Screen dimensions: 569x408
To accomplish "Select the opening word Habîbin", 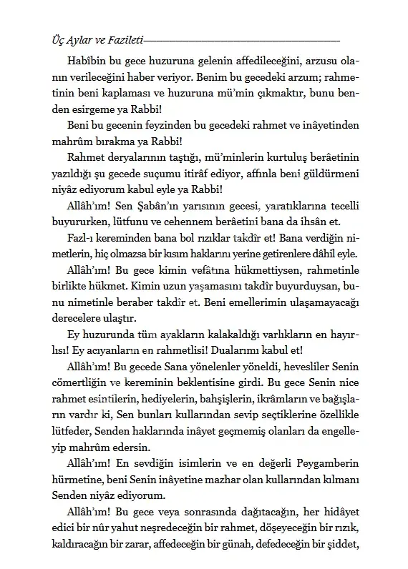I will [x=89, y=62].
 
